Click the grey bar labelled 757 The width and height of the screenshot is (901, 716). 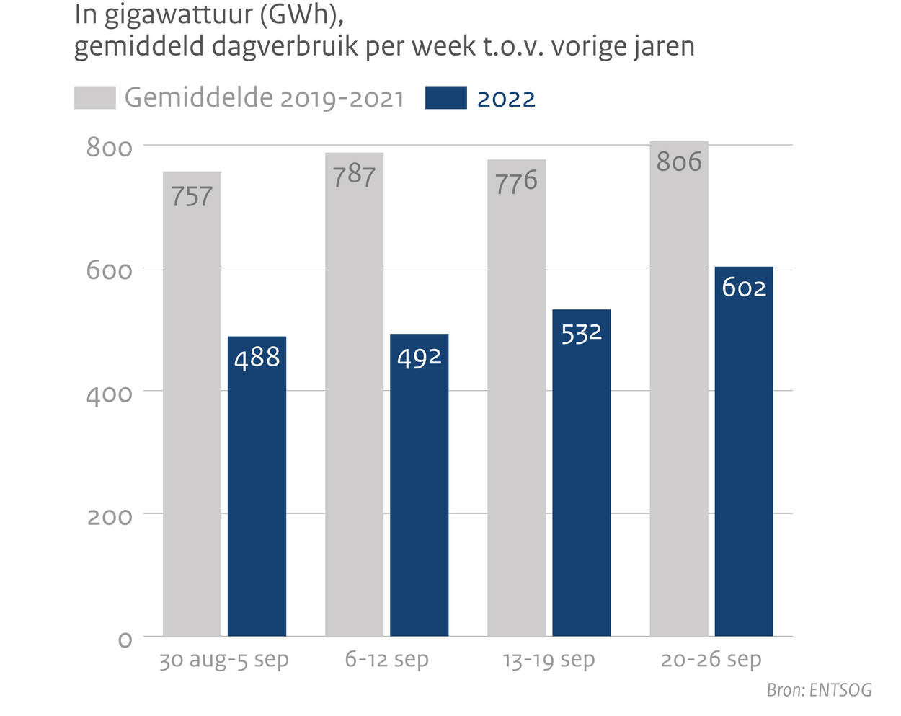coord(192,404)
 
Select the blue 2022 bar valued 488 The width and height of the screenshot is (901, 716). coord(257,487)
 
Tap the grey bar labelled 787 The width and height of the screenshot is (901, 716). coord(354,394)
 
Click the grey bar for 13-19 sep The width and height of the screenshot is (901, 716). coord(516,398)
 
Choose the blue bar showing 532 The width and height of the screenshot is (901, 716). coord(581,473)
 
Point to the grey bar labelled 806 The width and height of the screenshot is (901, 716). coord(678,389)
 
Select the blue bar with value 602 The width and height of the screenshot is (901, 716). coord(743,451)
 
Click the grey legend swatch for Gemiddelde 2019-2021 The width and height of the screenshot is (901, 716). coord(94,98)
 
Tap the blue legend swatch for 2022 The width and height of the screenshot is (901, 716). coord(445,98)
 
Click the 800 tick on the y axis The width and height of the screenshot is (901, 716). coord(110,147)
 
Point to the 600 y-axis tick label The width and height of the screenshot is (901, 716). coord(110,270)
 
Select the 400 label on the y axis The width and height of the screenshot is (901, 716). coord(110,394)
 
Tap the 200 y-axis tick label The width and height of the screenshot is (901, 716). coord(110,516)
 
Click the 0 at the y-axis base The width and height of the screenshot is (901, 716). coord(125,640)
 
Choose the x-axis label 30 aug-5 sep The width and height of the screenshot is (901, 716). coord(223,660)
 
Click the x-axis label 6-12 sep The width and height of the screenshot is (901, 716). coord(386,659)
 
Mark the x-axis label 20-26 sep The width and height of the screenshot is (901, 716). coord(711,659)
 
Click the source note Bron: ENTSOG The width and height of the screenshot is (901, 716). coord(819,690)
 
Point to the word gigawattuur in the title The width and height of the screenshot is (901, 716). coord(177,15)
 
